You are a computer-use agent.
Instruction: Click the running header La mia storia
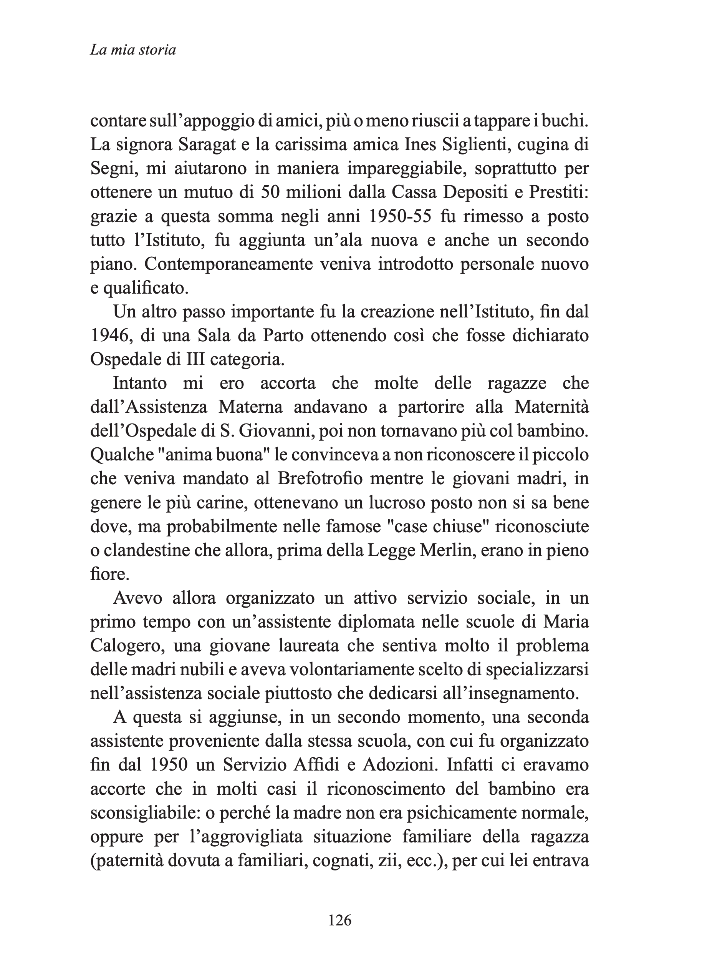click(133, 50)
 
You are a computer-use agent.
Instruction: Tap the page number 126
click(339, 920)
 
